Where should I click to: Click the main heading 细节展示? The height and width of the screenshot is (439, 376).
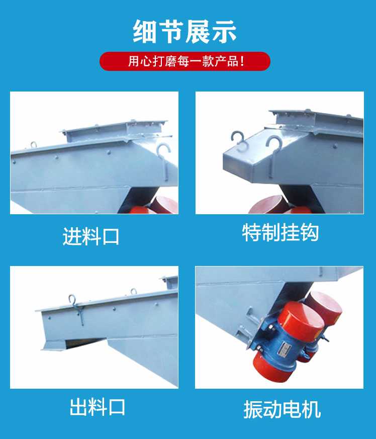pyautogui.click(x=185, y=31)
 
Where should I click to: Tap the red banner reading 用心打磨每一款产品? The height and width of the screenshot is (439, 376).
pyautogui.click(x=185, y=61)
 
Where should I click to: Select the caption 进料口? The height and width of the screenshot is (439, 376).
pyautogui.click(x=90, y=236)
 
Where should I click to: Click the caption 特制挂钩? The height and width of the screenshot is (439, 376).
pyautogui.click(x=280, y=232)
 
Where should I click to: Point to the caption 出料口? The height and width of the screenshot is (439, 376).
pyautogui.click(x=97, y=407)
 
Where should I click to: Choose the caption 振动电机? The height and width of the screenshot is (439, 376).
pyautogui.click(x=282, y=409)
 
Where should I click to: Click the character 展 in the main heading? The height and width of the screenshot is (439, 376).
pyautogui.click(x=198, y=31)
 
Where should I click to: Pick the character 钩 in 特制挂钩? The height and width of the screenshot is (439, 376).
pyautogui.click(x=309, y=232)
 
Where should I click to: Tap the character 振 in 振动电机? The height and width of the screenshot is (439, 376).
pyautogui.click(x=252, y=409)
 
